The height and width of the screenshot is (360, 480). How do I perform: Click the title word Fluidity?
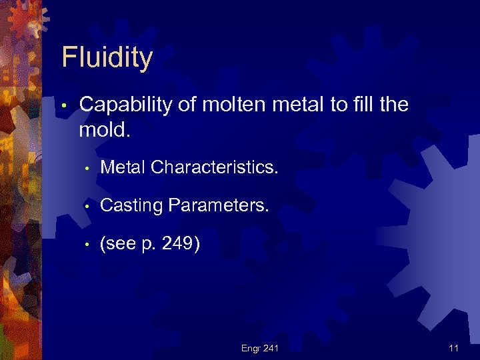107,58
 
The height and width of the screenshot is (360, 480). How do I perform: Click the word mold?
104,129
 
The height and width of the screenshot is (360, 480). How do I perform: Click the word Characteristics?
215,167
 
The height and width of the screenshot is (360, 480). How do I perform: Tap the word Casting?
131,206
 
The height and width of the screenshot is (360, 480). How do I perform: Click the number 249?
177,245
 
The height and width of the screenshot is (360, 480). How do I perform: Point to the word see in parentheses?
119,245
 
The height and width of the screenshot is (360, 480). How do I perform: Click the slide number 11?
454,348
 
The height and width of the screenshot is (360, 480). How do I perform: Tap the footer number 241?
270,348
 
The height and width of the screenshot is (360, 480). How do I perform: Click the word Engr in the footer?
251,348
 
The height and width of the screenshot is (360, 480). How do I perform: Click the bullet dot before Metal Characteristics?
87,169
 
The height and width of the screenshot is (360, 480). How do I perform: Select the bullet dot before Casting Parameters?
87,207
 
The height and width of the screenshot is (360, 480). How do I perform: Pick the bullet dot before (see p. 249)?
87,246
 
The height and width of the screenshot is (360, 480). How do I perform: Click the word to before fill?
330,105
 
